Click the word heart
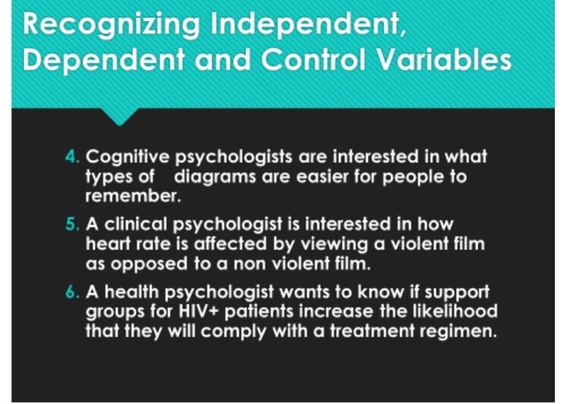point(108,243)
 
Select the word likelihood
point(454,311)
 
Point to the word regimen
point(453,331)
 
